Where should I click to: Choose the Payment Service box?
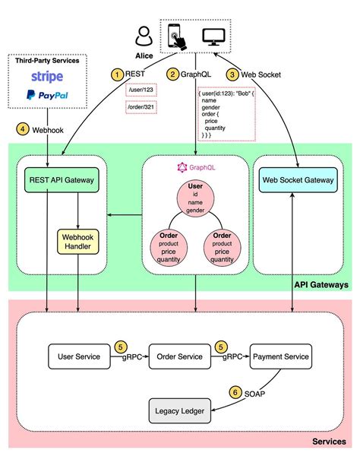[281, 356]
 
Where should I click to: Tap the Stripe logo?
[47, 77]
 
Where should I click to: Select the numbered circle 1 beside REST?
[116, 74]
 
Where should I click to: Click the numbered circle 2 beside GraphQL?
[174, 74]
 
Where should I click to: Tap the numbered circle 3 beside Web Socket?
[233, 74]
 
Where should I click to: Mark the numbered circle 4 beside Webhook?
[24, 128]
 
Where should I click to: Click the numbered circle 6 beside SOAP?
[236, 393]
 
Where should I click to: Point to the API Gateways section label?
[321, 284]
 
